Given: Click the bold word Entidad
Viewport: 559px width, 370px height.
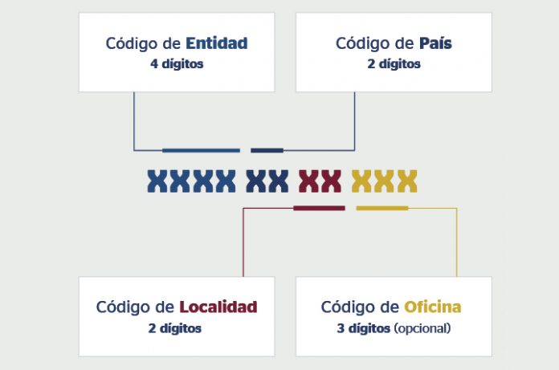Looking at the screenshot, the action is pos(216,43).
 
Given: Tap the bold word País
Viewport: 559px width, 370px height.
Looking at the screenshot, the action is pos(435,43).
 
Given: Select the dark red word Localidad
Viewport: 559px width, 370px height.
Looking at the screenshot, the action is pos(218,307).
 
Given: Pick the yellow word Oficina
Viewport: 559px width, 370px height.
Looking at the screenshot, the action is pos(432,307).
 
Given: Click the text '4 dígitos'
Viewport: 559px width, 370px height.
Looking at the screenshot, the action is pos(177,64).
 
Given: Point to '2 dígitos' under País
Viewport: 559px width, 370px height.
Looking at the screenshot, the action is pos(394,64).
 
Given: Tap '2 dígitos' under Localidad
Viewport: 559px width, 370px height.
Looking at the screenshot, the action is pos(175,328).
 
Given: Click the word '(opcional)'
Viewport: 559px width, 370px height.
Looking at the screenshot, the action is pos(422,328).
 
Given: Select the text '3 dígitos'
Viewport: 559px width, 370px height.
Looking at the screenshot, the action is pos(363,328).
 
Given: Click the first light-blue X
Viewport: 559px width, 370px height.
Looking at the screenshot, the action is pos(157,181).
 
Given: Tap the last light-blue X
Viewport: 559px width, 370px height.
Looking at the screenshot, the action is pos(226,181).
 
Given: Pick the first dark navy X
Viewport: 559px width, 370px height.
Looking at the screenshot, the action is pos(255,181).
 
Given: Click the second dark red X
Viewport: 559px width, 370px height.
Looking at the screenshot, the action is pos(331,181).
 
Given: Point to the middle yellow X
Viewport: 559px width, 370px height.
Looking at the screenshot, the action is pos(384,181).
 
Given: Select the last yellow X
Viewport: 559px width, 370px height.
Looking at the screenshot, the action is pos(407,181).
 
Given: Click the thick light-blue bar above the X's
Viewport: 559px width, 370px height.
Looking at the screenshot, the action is pos(201,150).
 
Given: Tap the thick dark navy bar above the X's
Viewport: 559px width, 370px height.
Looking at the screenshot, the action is pos(267,150).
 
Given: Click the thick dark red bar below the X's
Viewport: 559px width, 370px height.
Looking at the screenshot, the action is pos(319,208).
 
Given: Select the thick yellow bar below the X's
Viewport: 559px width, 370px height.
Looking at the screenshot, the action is pos(382,208).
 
